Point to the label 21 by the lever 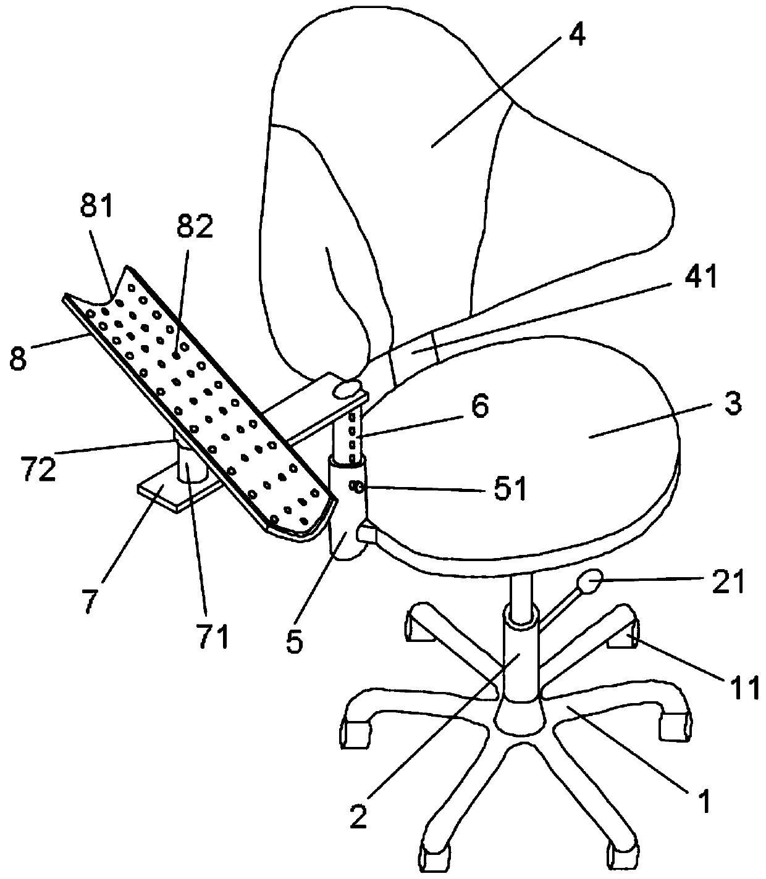pos(728,581)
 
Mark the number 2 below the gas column pos(359,815)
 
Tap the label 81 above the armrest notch pos(96,208)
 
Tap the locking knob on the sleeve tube pos(356,488)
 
